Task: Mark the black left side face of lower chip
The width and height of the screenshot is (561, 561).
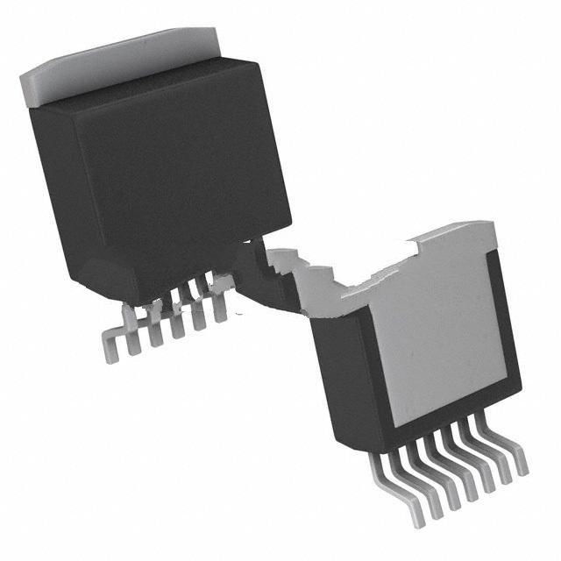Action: [x=346, y=377]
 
